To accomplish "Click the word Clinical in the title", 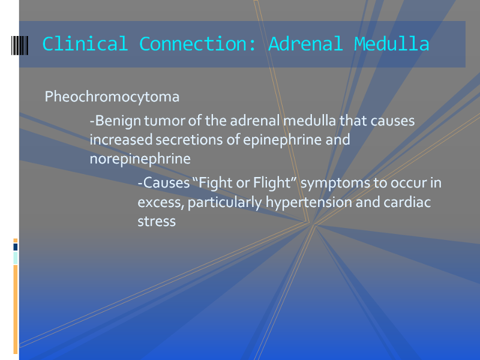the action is [85, 43].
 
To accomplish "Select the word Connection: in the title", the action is [198, 43].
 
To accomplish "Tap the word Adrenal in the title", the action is [305, 43].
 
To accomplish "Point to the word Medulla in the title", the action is [392, 43].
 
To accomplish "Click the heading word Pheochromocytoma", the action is [112, 97].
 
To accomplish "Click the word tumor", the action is [164, 121].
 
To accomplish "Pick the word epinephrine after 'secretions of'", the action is [283, 140].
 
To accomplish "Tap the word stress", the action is [157, 221].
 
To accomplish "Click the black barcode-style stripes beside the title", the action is [20, 46].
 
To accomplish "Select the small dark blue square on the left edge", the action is [16, 247].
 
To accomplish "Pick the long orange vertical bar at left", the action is [16, 309].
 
